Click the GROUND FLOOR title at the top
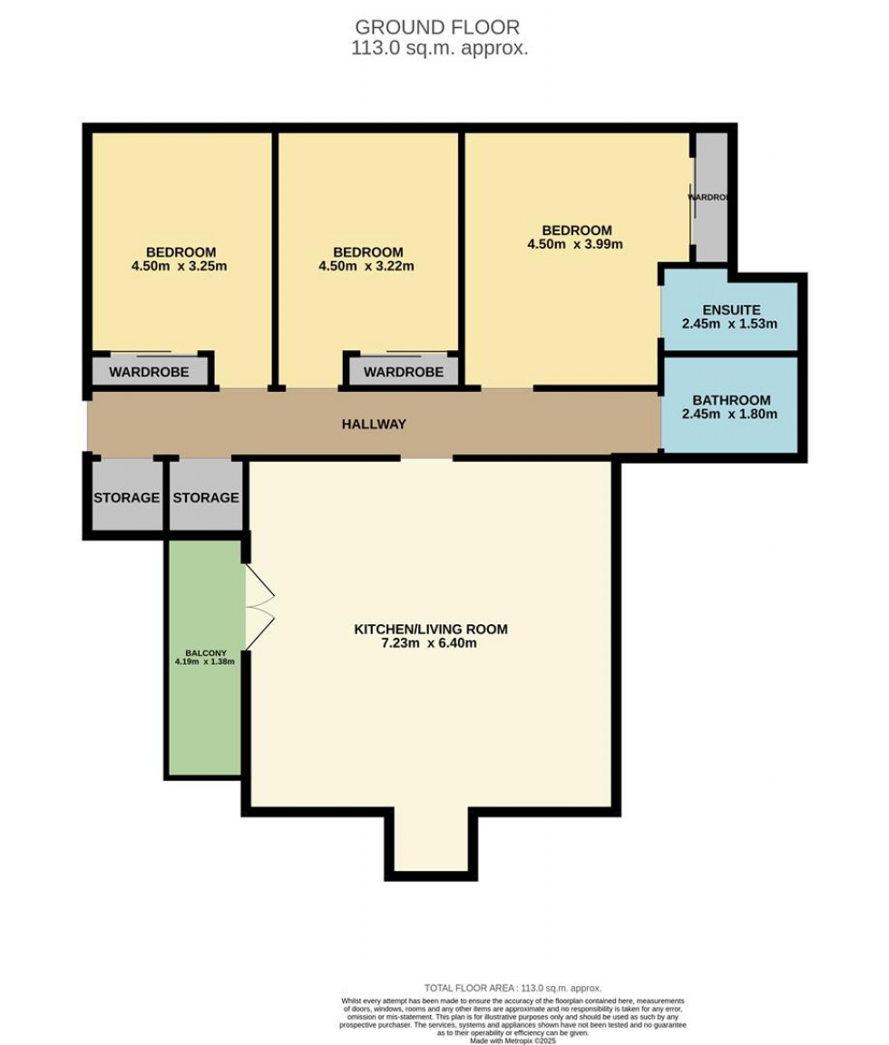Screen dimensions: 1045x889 click(x=438, y=27)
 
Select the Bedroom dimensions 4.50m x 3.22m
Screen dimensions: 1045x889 click(x=366, y=267)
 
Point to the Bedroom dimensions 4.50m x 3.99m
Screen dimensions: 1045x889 click(x=575, y=244)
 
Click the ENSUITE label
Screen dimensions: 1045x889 click(x=731, y=310)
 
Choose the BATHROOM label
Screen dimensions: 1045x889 click(x=731, y=400)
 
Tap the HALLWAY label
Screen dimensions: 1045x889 click(x=374, y=425)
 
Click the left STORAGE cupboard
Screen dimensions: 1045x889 click(x=127, y=497)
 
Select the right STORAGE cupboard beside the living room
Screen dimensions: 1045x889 click(x=206, y=497)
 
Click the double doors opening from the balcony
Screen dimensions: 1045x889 click(x=259, y=607)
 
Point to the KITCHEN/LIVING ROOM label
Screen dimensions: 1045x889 click(x=430, y=630)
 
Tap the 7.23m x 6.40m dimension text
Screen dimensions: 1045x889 click(x=430, y=644)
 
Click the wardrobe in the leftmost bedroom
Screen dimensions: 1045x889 click(x=149, y=372)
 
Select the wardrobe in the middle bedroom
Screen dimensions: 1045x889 click(x=404, y=372)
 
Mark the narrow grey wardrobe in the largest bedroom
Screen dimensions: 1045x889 click(x=710, y=197)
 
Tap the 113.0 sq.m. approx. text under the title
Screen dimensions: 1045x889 click(x=439, y=49)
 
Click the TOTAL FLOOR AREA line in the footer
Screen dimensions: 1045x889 click(x=513, y=988)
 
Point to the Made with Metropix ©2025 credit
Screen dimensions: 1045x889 click(x=513, y=1040)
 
